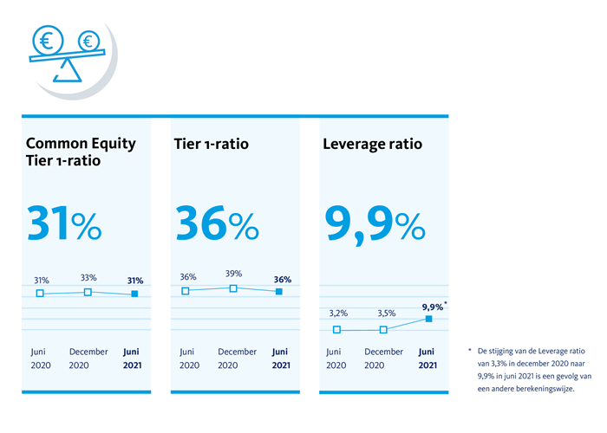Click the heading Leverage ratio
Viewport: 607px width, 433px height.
pyautogui.click(x=372, y=144)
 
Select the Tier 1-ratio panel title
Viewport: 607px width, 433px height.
pyautogui.click(x=212, y=144)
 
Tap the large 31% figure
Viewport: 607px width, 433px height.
pyautogui.click(x=64, y=223)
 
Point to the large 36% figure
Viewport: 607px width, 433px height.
pyautogui.click(x=217, y=223)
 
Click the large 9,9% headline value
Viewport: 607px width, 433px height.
pyautogui.click(x=375, y=223)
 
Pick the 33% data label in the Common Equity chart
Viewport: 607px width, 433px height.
pyautogui.click(x=88, y=278)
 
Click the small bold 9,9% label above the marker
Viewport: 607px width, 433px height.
pyautogui.click(x=431, y=306)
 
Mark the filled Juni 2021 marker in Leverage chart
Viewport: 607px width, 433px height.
pyautogui.click(x=428, y=320)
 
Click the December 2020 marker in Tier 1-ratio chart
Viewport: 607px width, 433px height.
pyautogui.click(x=233, y=288)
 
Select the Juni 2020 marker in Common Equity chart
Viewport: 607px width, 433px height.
pyautogui.click(x=40, y=294)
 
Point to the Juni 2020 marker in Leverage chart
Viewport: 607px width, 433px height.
pyautogui.click(x=336, y=330)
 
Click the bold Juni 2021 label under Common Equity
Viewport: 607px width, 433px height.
pyautogui.click(x=131, y=359)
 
